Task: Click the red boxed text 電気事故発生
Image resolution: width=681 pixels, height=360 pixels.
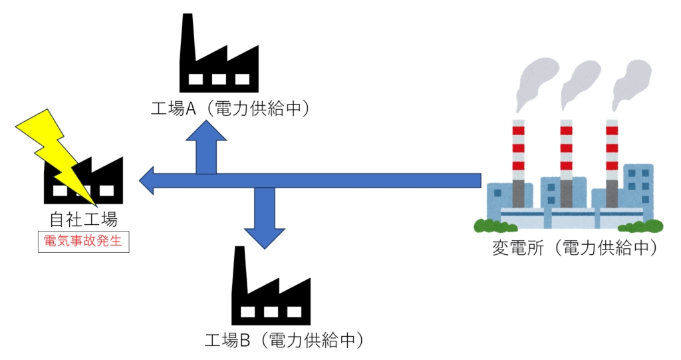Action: pos(82,242)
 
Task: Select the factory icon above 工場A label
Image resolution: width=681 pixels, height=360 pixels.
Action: pos(219,63)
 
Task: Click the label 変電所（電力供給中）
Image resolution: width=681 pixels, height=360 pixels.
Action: pos(575,248)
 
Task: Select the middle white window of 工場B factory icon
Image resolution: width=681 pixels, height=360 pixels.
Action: pos(270,311)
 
